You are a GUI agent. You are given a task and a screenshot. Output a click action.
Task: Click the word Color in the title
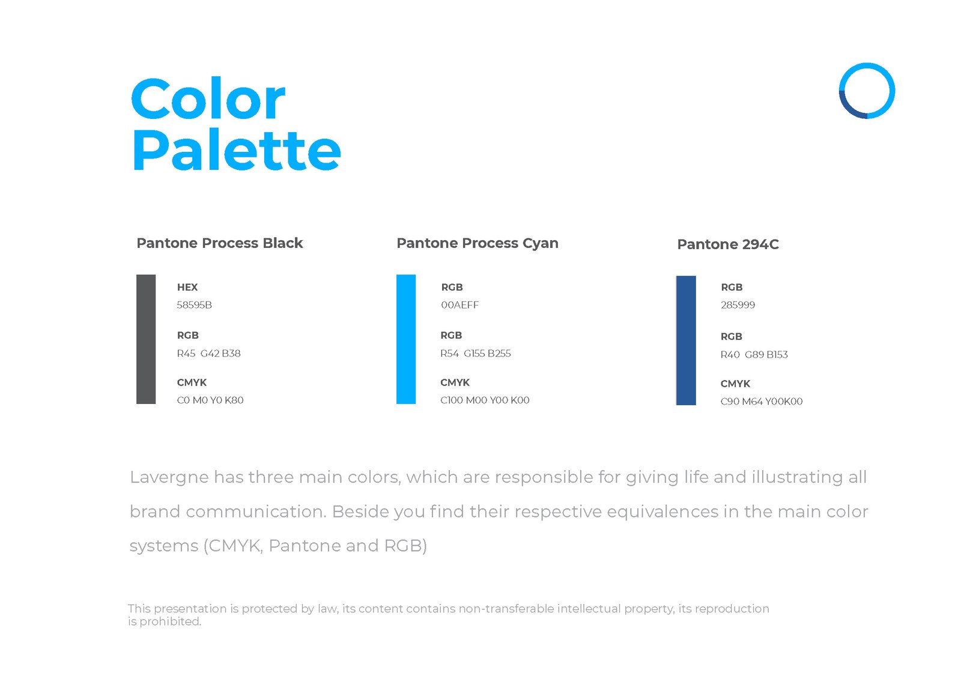click(207, 100)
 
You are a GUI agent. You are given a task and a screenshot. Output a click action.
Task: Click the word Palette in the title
click(236, 151)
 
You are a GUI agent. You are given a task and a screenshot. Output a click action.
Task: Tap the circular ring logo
click(866, 91)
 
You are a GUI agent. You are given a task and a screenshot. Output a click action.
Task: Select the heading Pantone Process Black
click(219, 243)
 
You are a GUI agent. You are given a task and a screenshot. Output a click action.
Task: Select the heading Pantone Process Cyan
click(477, 243)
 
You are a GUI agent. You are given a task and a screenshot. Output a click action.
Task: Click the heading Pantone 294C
click(727, 244)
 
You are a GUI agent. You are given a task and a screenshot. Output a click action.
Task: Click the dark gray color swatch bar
click(146, 339)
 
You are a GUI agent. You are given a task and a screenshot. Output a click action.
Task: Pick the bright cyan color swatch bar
click(406, 339)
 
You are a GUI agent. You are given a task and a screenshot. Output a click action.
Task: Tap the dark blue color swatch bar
click(685, 340)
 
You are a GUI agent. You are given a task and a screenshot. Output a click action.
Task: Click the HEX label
click(187, 288)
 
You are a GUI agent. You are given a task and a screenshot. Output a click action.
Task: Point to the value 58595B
click(194, 305)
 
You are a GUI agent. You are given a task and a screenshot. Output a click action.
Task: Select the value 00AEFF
click(459, 305)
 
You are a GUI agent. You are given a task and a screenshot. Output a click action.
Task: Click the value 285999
click(738, 305)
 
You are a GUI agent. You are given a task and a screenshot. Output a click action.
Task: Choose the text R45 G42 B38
click(208, 354)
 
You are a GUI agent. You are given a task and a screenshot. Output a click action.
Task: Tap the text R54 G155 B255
click(475, 354)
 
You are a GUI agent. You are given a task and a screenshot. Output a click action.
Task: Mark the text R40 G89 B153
click(754, 355)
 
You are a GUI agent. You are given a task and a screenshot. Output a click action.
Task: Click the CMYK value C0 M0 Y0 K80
click(210, 400)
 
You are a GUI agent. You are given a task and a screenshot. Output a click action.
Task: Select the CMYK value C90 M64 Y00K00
click(761, 402)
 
